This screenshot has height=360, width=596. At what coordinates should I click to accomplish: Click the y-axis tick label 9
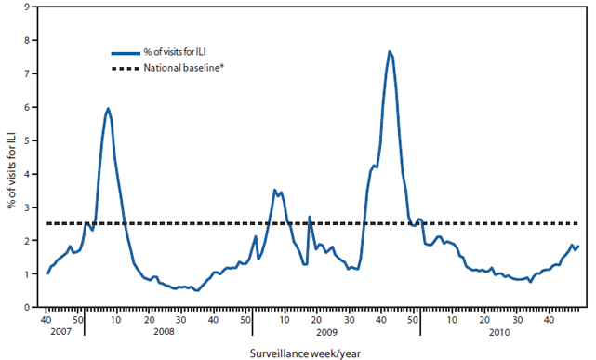point(27,7)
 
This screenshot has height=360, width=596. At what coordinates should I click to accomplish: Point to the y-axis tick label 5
point(27,140)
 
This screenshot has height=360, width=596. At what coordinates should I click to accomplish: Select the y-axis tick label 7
point(27,73)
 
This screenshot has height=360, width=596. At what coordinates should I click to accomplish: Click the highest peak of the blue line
point(390,51)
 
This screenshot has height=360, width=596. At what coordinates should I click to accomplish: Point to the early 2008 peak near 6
point(108,108)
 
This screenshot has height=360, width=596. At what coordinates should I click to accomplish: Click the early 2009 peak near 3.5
point(274,190)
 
